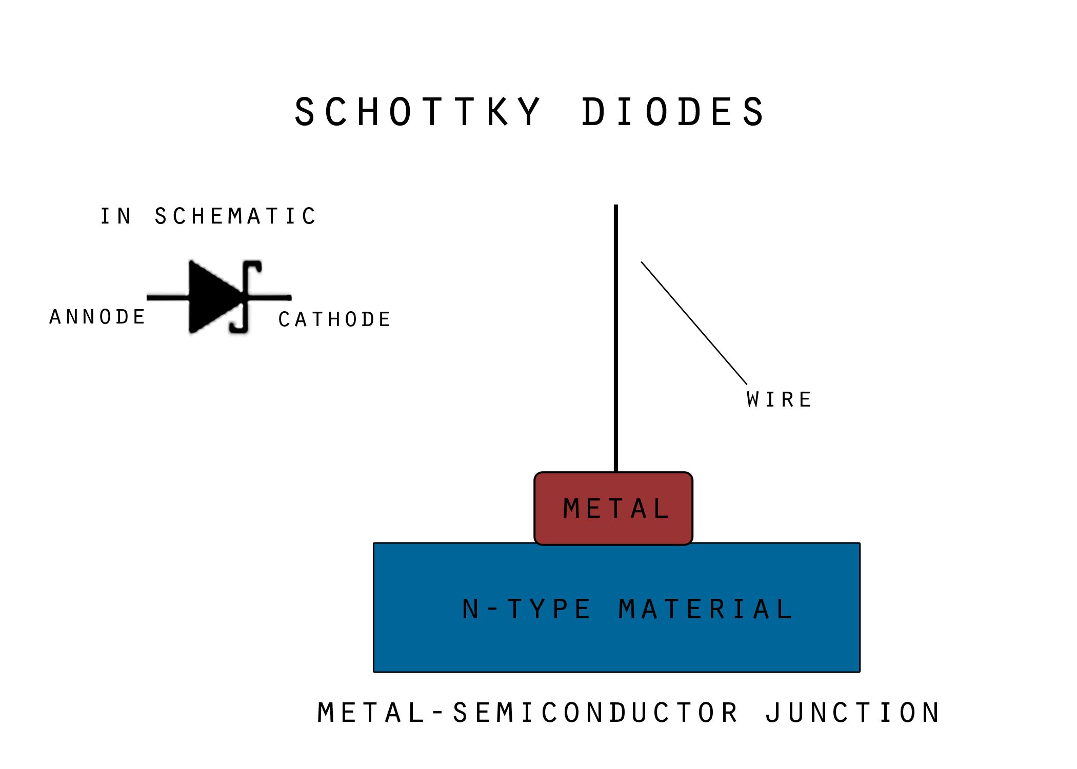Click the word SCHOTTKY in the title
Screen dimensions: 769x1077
pyautogui.click(x=417, y=112)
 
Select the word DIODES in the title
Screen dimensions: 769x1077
pyautogui.click(x=673, y=112)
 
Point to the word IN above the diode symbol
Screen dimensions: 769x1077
pyautogui.click(x=116, y=216)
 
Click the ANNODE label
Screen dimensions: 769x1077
pyautogui.click(x=97, y=317)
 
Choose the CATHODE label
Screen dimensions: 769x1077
pyautogui.click(x=335, y=319)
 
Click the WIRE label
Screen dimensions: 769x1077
pyautogui.click(x=779, y=400)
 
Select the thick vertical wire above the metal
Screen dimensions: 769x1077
pyautogui.click(x=616, y=338)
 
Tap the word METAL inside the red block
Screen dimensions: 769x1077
pyautogui.click(x=616, y=509)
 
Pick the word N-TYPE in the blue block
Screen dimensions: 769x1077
pyautogui.click(x=527, y=610)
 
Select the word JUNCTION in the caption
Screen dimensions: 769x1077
pyautogui.click(x=852, y=713)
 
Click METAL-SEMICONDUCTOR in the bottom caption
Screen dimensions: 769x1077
pyautogui.click(x=528, y=713)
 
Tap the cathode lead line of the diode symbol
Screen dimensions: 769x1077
pyautogui.click(x=272, y=297)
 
